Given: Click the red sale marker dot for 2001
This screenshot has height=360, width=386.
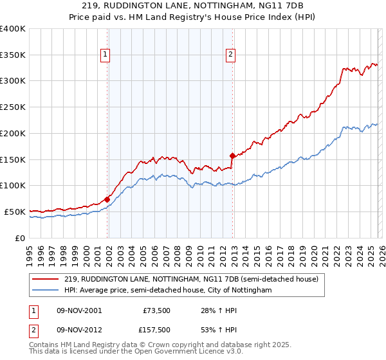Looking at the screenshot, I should point(107,199).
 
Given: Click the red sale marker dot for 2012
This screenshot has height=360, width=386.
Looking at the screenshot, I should point(232,155).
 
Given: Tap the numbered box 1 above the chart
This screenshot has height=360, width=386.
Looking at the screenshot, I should point(105,55).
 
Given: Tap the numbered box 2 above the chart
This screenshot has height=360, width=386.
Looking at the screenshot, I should point(230,55).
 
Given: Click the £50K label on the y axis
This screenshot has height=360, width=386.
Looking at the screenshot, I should point(15,212).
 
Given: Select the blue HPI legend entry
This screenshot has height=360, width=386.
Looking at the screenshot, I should point(168,291).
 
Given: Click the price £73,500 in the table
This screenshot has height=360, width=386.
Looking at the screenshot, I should point(156,310).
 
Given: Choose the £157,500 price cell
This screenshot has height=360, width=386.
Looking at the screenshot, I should point(155,330).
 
